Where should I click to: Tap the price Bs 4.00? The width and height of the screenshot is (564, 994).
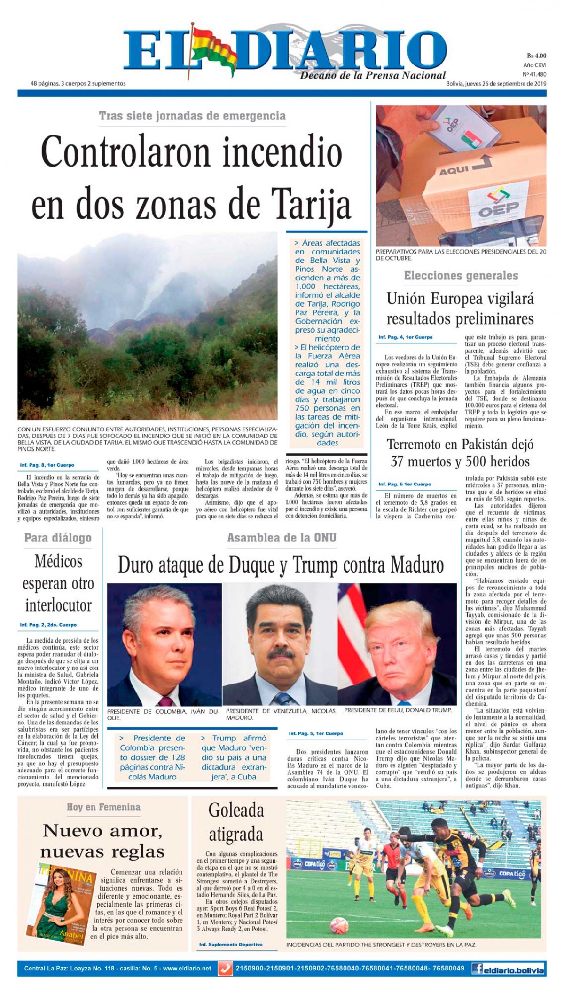(536, 56)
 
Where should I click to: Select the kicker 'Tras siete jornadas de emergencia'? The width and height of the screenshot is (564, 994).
(192, 116)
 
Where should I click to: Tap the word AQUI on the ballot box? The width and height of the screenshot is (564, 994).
(454, 171)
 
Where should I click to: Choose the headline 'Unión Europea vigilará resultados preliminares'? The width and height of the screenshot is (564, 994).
(460, 309)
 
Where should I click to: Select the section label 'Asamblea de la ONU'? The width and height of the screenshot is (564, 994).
(282, 538)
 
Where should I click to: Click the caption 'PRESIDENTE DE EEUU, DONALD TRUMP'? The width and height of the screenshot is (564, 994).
(398, 710)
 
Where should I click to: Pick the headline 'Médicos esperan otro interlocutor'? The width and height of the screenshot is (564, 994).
(59, 583)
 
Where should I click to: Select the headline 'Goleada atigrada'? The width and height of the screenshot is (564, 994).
(236, 822)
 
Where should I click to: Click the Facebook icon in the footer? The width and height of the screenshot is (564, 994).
(478, 969)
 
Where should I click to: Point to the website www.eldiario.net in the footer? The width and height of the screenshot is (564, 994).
(187, 969)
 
